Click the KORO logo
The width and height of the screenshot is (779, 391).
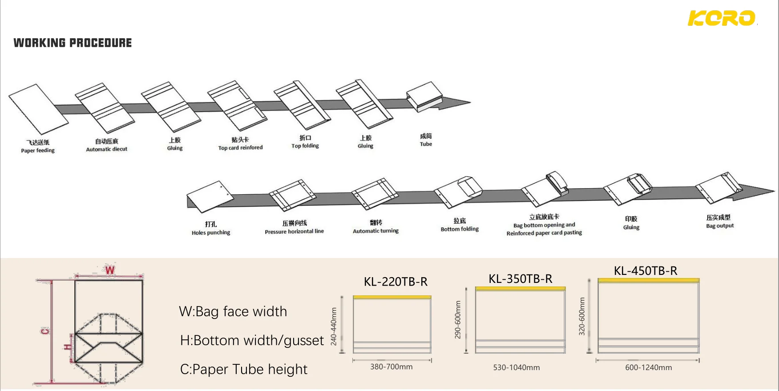(x=721, y=18)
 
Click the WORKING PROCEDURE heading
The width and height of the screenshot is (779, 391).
(x=73, y=43)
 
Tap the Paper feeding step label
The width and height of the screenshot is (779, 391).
(x=38, y=150)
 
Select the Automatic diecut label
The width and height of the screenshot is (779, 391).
(x=106, y=149)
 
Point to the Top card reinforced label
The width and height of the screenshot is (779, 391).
(x=240, y=147)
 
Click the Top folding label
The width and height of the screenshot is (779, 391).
(x=305, y=145)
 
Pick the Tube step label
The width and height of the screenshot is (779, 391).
(x=426, y=144)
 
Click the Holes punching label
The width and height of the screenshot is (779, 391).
(x=211, y=232)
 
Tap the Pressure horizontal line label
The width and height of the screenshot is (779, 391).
(x=294, y=231)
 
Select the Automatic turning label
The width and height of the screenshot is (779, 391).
(x=375, y=230)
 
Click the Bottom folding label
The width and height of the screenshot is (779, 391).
(x=460, y=229)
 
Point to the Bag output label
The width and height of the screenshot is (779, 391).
(x=720, y=226)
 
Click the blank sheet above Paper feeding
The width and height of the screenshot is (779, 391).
(x=38, y=109)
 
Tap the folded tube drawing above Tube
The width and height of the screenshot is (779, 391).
(x=424, y=96)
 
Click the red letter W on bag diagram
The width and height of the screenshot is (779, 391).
(x=109, y=270)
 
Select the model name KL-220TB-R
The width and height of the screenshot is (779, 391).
(x=396, y=282)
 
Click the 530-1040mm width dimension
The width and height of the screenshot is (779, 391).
(x=516, y=367)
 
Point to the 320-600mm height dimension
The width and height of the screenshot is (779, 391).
(x=581, y=316)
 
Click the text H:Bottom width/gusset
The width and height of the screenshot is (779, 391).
(x=252, y=340)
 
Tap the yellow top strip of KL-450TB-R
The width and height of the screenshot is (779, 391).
(x=648, y=280)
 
